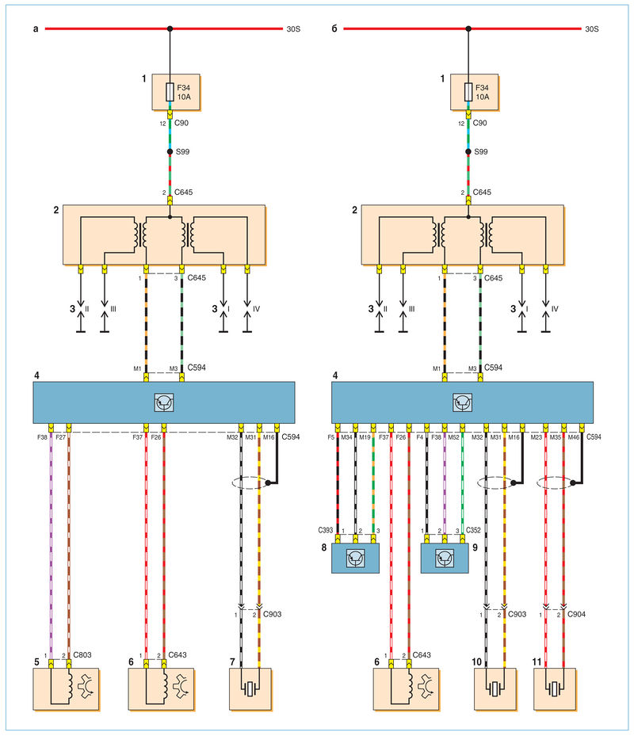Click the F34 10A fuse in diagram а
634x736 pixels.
[170, 93]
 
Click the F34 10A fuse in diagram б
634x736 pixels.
[468, 93]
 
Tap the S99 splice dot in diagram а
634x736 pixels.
[170, 151]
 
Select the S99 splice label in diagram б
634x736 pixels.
[481, 151]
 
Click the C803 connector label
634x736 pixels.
[82, 655]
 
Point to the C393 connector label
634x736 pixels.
[326, 530]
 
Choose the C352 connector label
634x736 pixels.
[473, 530]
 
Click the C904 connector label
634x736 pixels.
[576, 614]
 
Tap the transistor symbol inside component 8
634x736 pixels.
[355, 559]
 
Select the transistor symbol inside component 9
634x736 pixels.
[445, 559]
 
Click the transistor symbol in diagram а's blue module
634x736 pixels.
[164, 402]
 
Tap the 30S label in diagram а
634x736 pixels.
[293, 29]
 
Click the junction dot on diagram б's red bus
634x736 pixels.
[468, 29]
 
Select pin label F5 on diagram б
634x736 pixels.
[331, 437]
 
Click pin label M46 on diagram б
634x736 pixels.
[574, 437]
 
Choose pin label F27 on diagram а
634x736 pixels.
[60, 437]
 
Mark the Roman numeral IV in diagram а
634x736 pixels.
[256, 309]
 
